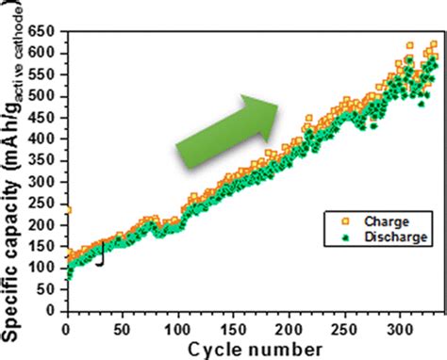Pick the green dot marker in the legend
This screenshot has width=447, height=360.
click(331, 238)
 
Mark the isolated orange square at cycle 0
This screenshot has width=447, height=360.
click(67, 210)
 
